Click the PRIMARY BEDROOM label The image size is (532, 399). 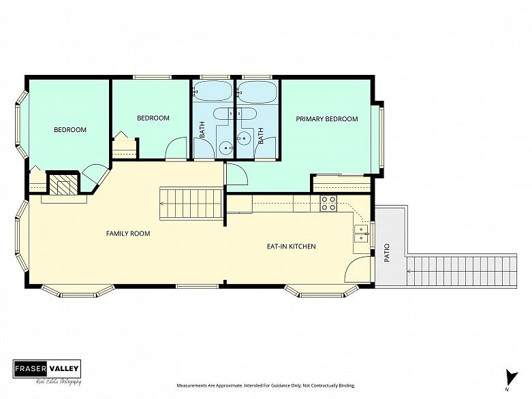tap(327, 119)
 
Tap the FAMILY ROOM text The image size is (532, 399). tap(128, 234)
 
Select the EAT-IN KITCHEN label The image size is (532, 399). tap(292, 246)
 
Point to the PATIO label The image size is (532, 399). tap(387, 253)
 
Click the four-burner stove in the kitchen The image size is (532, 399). tap(328, 204)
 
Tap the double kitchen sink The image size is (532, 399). tap(361, 234)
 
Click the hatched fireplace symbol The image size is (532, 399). tap(63, 184)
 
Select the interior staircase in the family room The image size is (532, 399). tap(191, 204)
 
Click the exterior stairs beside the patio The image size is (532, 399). tap(461, 272)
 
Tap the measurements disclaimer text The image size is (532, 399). tap(266, 385)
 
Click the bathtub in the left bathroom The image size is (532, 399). tap(213, 91)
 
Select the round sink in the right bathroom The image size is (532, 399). tap(243, 138)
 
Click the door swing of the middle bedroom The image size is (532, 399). tap(176, 148)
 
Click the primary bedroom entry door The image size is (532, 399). tap(237, 174)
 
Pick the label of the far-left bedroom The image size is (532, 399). tap(70, 130)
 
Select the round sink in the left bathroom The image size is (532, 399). tap(225, 148)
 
